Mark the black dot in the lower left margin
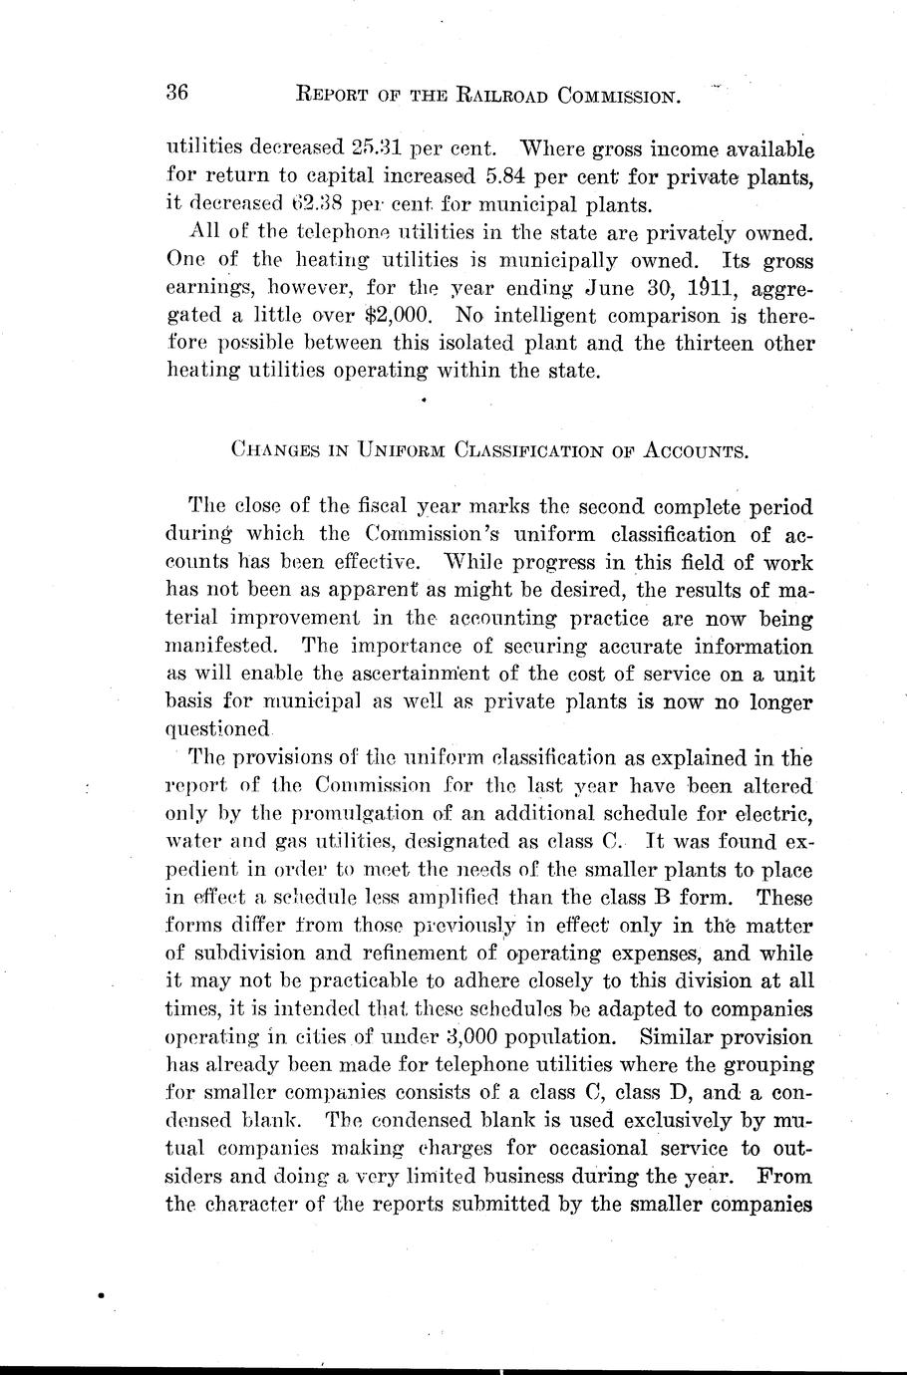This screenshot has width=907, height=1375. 101,1296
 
